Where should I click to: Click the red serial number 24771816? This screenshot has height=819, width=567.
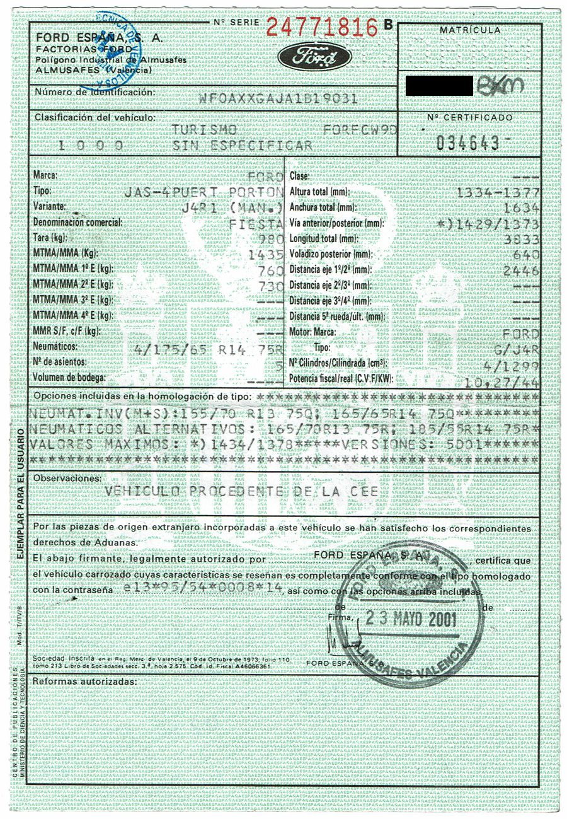tap(321, 27)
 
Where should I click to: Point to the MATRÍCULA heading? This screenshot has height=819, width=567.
tap(470, 30)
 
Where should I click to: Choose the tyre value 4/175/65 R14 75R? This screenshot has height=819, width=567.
tap(215, 348)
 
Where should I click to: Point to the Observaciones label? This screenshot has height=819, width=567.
tap(67, 479)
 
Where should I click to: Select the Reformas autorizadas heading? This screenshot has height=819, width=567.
tap(84, 682)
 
